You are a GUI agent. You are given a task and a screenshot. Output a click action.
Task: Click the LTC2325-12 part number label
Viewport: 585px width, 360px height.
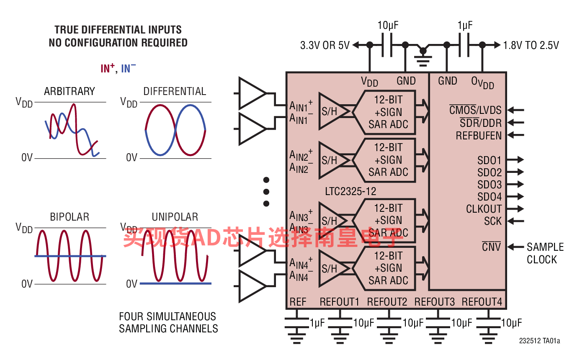[350, 191]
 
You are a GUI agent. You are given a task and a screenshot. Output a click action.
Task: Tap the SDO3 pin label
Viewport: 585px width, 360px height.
[490, 185]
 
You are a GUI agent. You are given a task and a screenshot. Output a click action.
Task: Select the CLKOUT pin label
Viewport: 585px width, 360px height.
[484, 209]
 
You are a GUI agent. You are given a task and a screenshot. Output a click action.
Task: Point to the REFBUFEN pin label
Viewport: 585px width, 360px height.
[479, 136]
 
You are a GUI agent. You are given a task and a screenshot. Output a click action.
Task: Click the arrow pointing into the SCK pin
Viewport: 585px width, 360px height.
[516, 221]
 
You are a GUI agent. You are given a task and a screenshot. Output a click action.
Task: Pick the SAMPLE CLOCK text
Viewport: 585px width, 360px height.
[545, 253]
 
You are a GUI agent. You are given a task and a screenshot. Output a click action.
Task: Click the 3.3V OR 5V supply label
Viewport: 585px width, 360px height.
[325, 45]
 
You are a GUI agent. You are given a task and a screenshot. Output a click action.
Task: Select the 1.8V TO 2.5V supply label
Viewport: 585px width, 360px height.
[531, 45]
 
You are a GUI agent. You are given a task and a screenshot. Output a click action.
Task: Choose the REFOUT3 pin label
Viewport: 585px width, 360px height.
[435, 302]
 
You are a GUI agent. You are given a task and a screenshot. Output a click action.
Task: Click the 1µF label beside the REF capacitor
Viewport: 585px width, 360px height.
[317, 323]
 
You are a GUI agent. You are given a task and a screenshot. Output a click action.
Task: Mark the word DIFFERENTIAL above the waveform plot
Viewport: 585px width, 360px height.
[175, 91]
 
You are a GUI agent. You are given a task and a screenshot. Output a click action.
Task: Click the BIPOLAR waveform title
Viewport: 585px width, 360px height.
[70, 217]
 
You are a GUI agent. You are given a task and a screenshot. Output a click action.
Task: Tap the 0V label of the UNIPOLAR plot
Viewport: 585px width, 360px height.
[131, 284]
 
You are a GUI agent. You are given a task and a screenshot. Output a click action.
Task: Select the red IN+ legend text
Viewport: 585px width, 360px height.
[108, 68]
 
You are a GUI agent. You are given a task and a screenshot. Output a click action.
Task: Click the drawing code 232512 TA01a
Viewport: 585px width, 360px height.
[539, 341]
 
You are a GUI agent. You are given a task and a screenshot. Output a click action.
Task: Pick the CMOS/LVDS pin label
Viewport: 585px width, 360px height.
[475, 110]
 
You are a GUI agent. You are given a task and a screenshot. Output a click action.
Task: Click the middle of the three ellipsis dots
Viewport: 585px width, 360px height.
[266, 192]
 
